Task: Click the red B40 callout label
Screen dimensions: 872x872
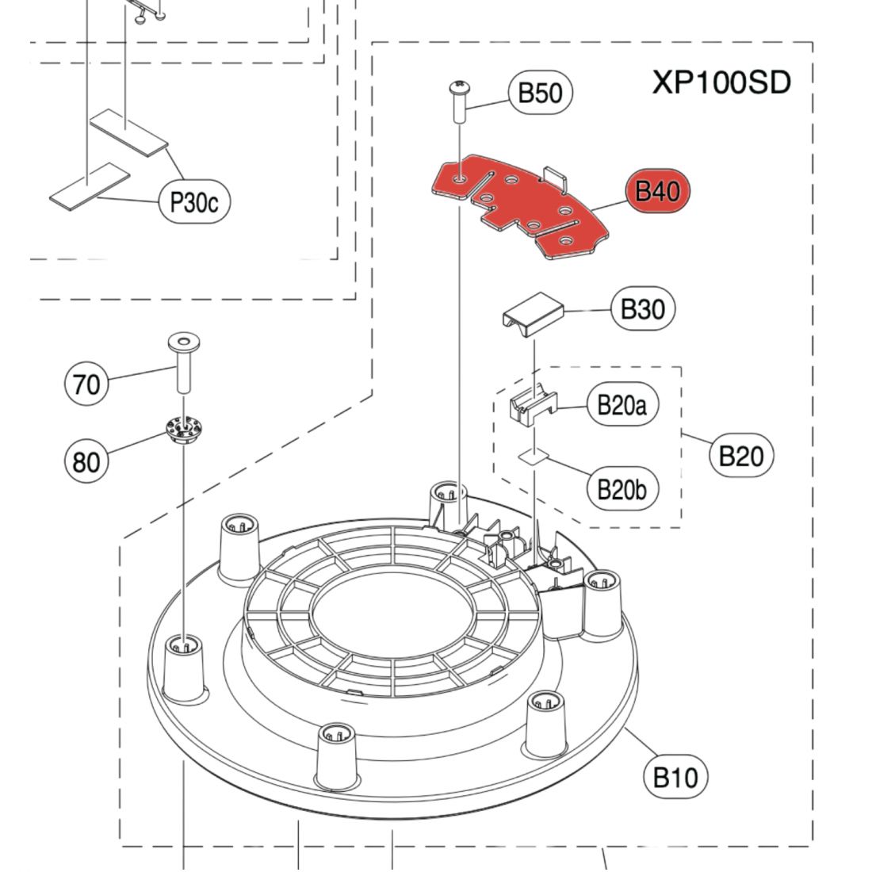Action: tap(657, 191)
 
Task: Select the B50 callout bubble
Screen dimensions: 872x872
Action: tap(540, 93)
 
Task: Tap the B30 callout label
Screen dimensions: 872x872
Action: tap(642, 308)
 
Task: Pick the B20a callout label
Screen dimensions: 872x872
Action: tap(621, 407)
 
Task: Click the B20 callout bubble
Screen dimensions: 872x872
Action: tap(740, 456)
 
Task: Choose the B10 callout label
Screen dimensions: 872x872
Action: tap(675, 777)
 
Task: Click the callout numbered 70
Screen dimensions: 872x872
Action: tap(86, 384)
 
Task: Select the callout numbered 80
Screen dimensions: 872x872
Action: tap(86, 461)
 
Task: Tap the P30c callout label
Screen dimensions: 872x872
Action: tap(193, 203)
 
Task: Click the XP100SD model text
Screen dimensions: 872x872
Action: tap(721, 82)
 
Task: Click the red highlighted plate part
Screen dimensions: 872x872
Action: tap(523, 208)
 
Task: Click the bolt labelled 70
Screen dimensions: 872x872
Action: tap(183, 362)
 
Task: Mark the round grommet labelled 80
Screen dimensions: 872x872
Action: tap(183, 431)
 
